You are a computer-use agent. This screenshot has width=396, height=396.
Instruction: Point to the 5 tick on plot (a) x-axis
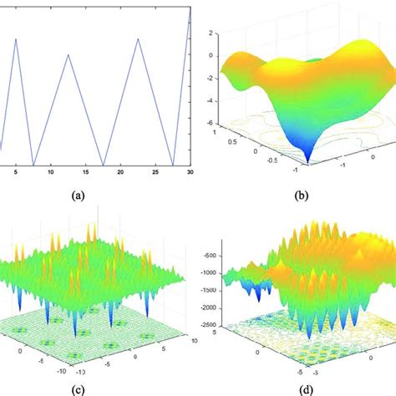15,172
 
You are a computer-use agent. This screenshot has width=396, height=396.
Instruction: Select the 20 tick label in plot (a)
120,172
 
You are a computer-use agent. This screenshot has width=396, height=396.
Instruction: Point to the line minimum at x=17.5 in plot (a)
103,165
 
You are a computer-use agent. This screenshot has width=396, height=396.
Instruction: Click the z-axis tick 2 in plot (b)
211,34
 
